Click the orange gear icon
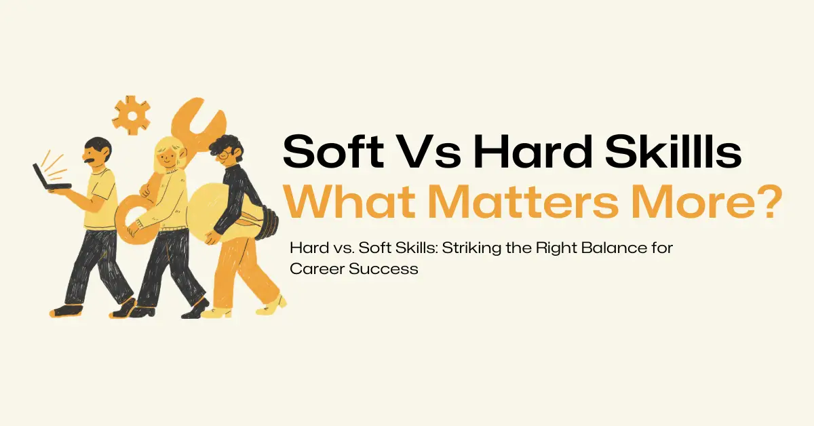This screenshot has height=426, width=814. (131, 115)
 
